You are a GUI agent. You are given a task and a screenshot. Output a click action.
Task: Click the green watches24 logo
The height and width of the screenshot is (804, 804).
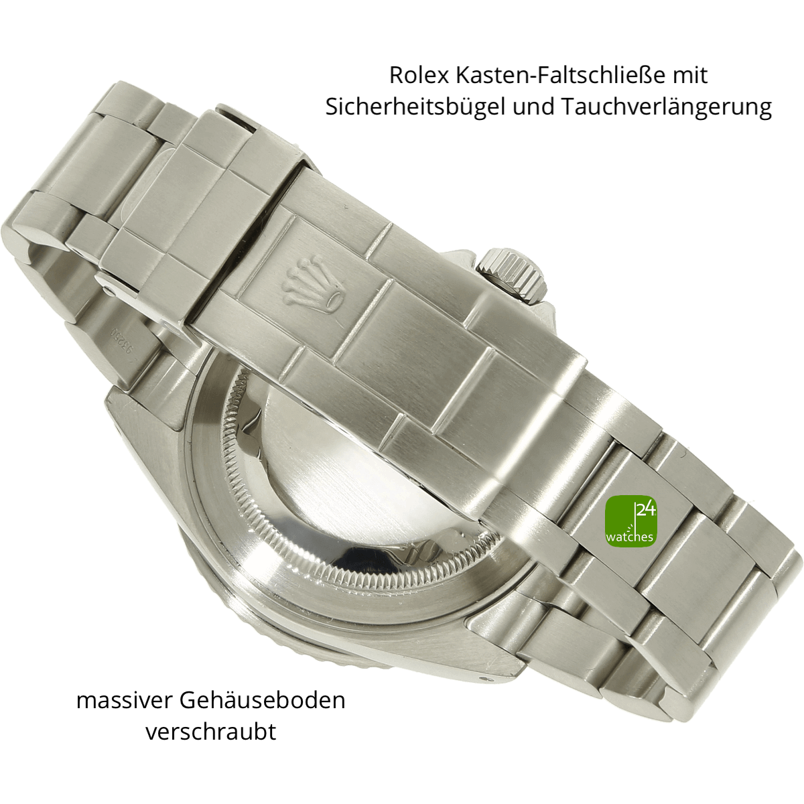(631, 521)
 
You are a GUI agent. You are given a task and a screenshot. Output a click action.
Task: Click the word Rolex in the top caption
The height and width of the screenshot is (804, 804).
(419, 75)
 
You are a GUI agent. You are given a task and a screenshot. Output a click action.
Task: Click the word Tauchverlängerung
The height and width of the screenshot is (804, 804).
(666, 107)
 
